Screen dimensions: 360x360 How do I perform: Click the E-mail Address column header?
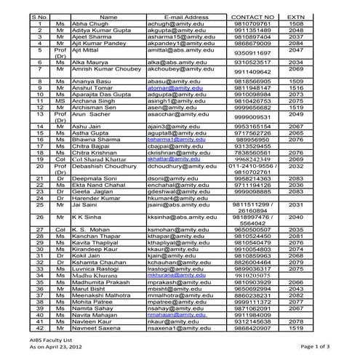tap(186, 17)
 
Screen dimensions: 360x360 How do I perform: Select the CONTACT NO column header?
tap(252, 17)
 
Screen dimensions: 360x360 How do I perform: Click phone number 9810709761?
tap(252, 24)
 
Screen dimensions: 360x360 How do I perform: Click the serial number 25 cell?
tap(40, 205)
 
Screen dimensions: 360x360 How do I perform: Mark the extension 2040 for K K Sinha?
tap(296, 217)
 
